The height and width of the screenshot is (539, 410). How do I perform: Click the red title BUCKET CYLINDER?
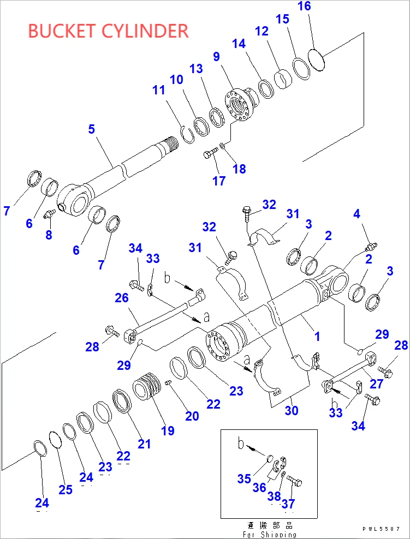[x=108, y=31]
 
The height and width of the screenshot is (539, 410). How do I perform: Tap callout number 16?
[x=304, y=7]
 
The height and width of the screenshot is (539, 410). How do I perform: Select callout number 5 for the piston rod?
[x=91, y=129]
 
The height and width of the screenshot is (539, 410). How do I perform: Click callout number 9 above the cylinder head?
[x=216, y=56]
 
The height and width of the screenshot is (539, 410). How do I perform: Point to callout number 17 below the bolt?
[x=219, y=181]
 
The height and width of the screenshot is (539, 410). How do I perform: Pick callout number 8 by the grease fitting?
[x=49, y=235]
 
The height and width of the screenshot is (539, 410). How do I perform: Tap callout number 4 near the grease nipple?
[x=356, y=213]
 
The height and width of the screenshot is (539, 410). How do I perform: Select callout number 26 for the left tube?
[x=122, y=297]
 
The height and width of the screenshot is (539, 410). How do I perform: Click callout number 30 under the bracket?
[x=292, y=410]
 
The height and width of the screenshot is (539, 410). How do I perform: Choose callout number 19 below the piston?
[x=168, y=430]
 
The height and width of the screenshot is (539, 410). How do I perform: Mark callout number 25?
[x=66, y=489]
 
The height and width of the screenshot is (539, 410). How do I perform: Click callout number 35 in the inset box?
[x=244, y=478]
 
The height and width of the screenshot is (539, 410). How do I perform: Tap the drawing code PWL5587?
[x=381, y=529]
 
